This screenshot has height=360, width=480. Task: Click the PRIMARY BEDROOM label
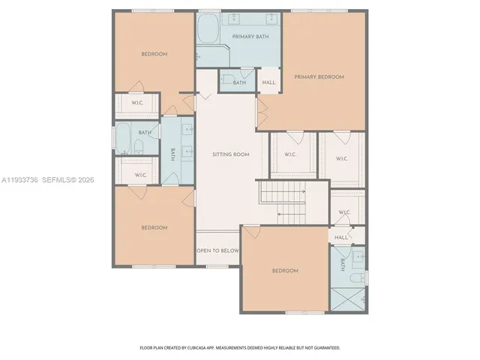[319, 77]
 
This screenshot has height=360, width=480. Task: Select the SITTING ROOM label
[230, 154]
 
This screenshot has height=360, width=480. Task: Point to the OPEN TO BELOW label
[217, 250]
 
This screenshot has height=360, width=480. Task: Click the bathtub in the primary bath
[208, 32]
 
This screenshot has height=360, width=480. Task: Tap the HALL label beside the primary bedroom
[268, 82]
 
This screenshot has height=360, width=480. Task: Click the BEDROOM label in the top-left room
[154, 54]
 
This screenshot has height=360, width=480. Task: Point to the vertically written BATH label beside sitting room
[172, 154]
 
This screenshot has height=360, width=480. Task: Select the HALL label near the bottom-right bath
[341, 237]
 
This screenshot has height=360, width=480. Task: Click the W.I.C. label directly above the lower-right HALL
[344, 212]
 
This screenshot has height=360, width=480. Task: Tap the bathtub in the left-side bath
[122, 137]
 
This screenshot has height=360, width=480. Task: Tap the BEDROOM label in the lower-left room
[154, 227]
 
